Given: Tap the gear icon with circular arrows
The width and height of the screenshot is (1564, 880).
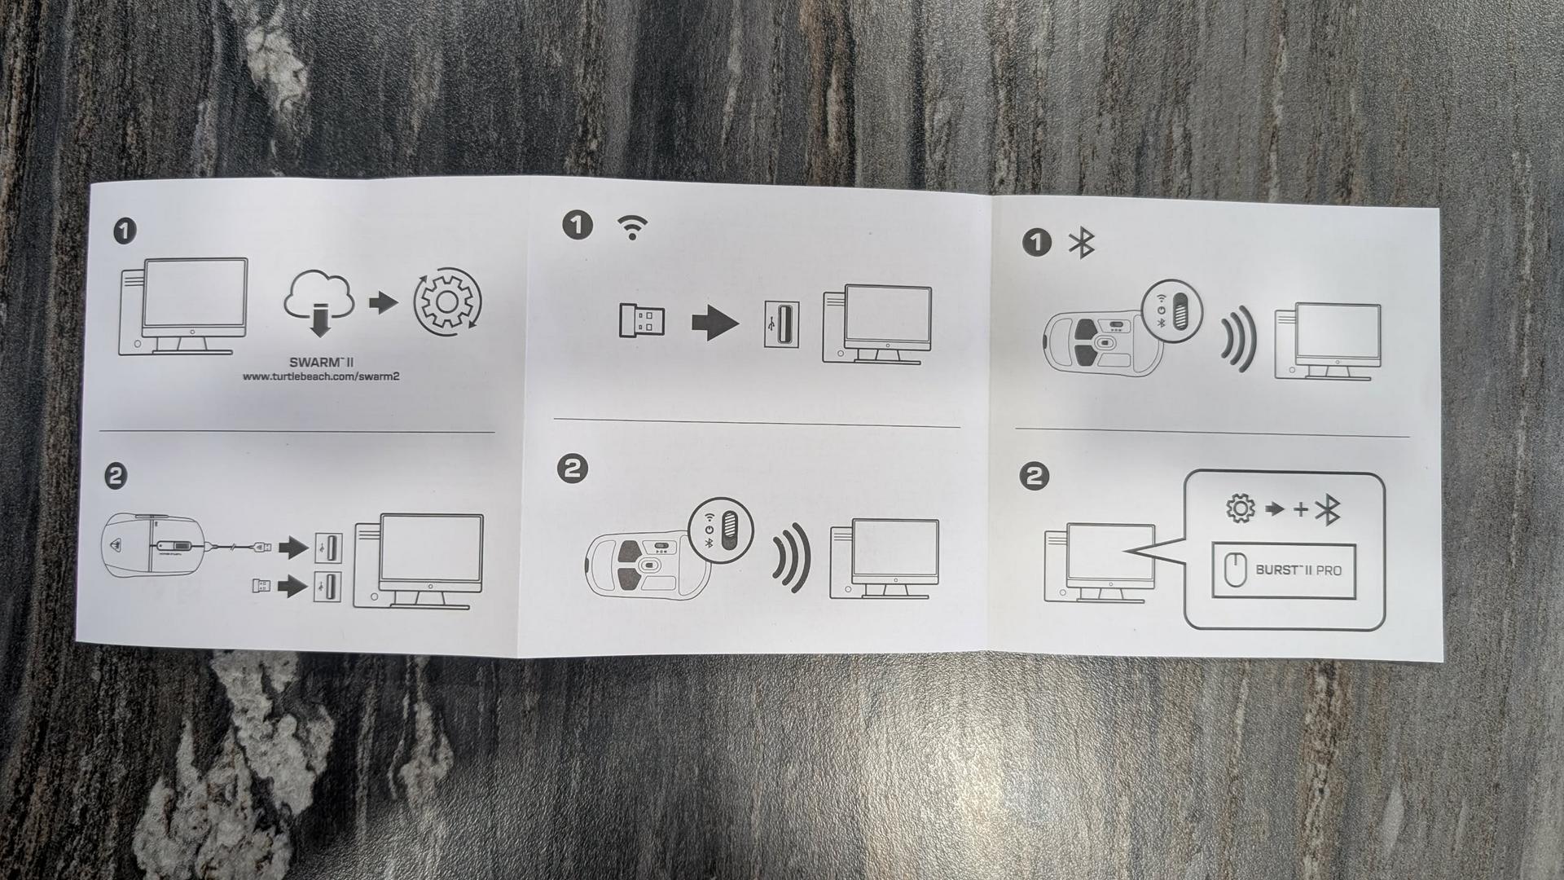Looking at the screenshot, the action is click(448, 302).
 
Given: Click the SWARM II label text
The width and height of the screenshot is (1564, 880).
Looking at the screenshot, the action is click(321, 362).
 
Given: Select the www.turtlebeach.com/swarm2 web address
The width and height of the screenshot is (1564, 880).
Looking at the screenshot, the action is click(321, 376).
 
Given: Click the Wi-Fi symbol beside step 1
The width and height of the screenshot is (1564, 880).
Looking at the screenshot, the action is click(632, 227).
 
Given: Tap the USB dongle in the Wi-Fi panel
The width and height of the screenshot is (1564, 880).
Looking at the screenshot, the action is click(641, 321).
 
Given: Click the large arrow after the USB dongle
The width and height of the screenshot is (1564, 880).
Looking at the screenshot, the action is click(715, 323).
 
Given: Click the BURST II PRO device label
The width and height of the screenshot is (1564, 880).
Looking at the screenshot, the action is click(1298, 570).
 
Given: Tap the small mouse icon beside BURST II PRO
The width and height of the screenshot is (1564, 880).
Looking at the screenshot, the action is click(1235, 570).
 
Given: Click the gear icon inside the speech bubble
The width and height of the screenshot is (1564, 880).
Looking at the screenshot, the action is click(1240, 509).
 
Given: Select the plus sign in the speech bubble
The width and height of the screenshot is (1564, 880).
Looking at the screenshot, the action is click(1301, 510).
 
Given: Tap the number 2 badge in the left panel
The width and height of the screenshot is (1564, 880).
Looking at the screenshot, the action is click(116, 476).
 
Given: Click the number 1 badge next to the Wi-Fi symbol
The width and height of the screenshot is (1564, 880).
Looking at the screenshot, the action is click(578, 225).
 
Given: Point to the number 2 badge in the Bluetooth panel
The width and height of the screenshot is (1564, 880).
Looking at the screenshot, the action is click(1035, 477).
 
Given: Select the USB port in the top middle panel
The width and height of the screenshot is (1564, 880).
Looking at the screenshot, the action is click(780, 323).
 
